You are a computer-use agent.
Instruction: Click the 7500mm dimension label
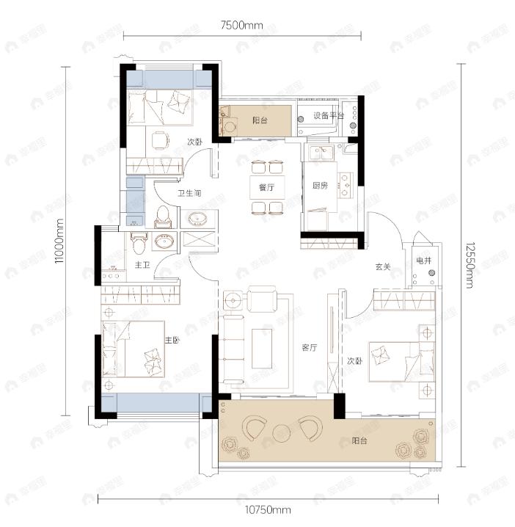[241, 25]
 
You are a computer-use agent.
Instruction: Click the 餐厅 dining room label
[266, 187]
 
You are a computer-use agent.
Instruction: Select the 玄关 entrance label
[382, 267]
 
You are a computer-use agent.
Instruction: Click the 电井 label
[424, 261]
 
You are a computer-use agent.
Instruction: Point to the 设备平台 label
[329, 115]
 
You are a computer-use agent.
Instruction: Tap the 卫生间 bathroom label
[189, 195]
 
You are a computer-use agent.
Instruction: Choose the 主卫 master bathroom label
[142, 264]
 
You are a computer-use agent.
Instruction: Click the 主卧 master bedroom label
[172, 339]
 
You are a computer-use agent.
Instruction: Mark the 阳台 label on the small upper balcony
[259, 120]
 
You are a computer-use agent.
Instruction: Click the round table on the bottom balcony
[282, 429]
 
